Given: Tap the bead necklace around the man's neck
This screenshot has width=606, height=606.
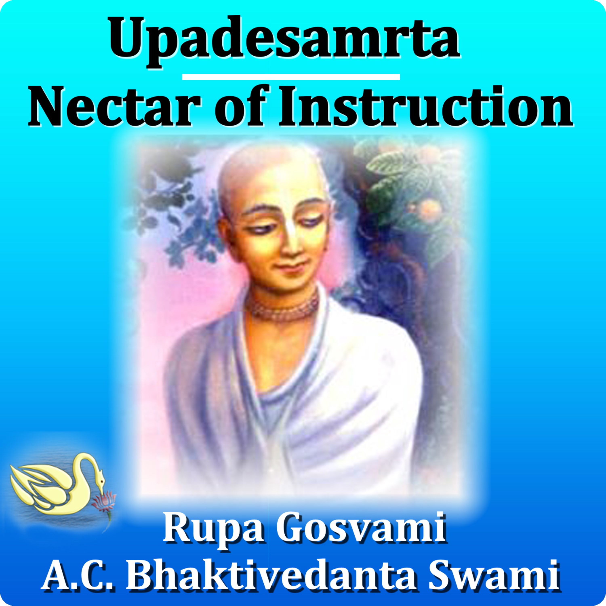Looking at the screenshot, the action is [282, 306].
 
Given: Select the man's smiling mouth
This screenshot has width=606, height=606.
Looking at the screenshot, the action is [290, 267].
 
